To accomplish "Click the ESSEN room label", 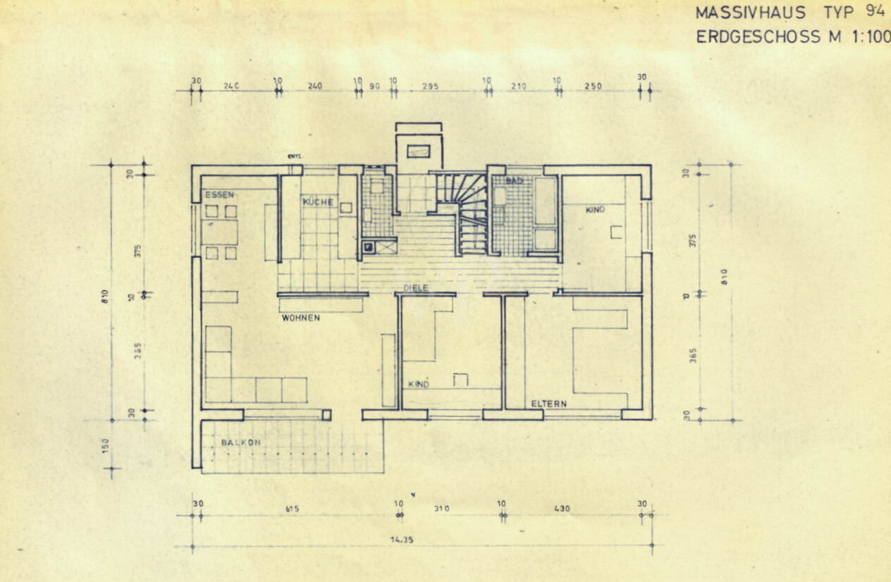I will coord(219,194).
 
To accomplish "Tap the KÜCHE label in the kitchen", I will coord(317,202).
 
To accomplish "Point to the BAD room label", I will coord(514,182).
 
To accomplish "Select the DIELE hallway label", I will coord(416,288).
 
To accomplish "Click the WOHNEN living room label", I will coord(301,318).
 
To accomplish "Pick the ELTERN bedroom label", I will coord(548,404).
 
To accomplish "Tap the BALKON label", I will coord(240,442).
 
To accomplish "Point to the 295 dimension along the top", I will coord(430,87).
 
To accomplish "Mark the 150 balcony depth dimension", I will coord(106,446).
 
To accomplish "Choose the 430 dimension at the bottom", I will coord(562,508).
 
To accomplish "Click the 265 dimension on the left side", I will coord(139,350).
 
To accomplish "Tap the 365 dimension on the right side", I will coord(693,356).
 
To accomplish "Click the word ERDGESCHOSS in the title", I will coord(758,37).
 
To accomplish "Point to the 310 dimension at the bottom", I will coord(442,508).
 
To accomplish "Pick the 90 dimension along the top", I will coord(374,87).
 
